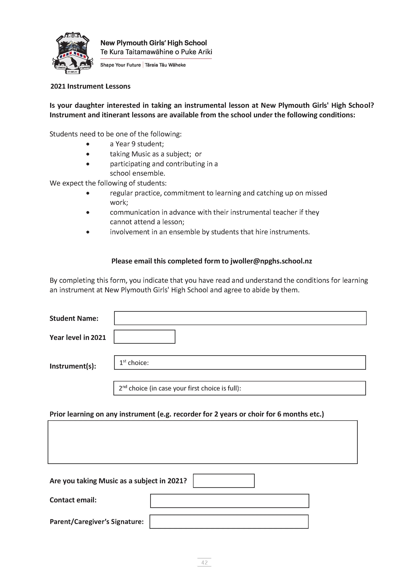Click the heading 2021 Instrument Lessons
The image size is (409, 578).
[x=90, y=86]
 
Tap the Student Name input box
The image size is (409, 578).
[x=240, y=318]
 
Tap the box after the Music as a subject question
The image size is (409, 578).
[x=224, y=481]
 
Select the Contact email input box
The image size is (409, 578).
[x=229, y=501]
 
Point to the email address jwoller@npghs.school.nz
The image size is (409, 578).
[x=271, y=261]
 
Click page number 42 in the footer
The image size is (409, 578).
[x=204, y=562]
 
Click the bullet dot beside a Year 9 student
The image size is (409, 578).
[x=88, y=144]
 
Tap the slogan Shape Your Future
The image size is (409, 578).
[x=120, y=65]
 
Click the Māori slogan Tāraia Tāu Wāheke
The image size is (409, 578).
[x=165, y=65]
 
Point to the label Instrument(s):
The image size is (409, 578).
[x=73, y=366]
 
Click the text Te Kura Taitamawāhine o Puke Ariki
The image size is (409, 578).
[x=156, y=52]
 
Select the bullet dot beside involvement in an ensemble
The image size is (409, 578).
[x=88, y=232]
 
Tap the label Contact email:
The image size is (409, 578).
[x=73, y=500]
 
